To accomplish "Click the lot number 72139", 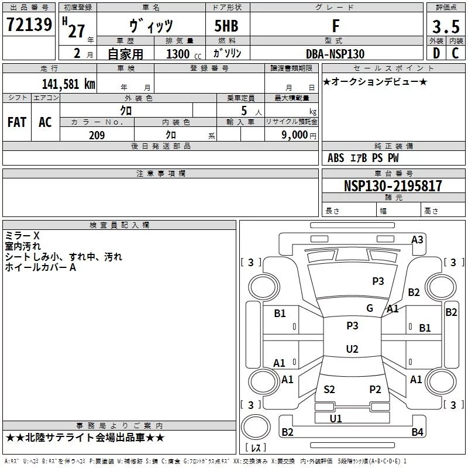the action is (29, 25).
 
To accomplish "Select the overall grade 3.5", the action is (446, 26).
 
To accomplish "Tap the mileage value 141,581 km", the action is (68, 84).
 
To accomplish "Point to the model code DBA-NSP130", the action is (335, 54).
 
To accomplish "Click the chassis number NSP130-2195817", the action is (393, 185).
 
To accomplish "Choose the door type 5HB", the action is (226, 26).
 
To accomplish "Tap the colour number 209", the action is (97, 135).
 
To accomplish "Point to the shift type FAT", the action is (17, 122).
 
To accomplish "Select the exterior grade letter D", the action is (436, 53).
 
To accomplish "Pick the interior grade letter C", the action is (455, 53).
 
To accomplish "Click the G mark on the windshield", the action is (370, 308).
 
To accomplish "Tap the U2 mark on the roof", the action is (352, 349).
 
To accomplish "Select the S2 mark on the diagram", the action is (329, 390).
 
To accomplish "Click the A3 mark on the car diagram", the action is (417, 240).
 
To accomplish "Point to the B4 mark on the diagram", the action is (417, 432).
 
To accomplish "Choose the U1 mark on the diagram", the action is (336, 418).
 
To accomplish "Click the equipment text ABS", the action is (336, 158).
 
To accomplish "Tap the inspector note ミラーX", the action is (22, 236).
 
